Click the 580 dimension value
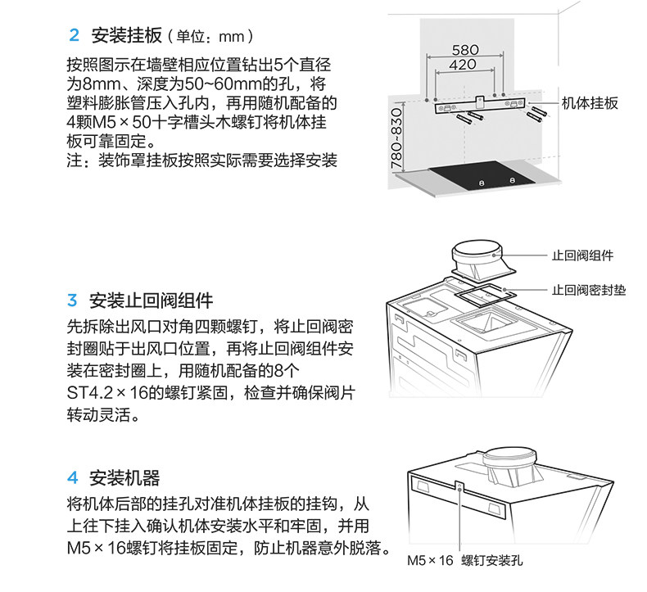click(x=465, y=48)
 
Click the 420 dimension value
click(x=463, y=65)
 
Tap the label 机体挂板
click(x=590, y=103)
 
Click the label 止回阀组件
click(x=582, y=255)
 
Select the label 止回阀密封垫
click(x=588, y=290)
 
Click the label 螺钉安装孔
click(x=491, y=561)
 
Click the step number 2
click(x=75, y=37)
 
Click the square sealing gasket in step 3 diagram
click(x=482, y=288)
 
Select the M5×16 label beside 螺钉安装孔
click(x=430, y=561)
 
